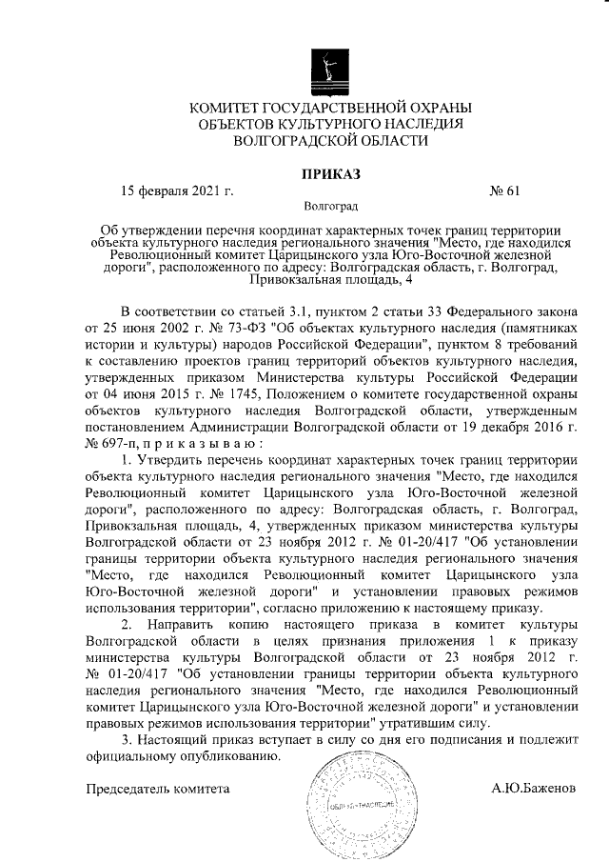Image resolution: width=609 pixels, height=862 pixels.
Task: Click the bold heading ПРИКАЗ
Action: pyautogui.click(x=330, y=173)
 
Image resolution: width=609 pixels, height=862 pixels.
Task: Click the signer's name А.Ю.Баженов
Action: pyautogui.click(x=533, y=790)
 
